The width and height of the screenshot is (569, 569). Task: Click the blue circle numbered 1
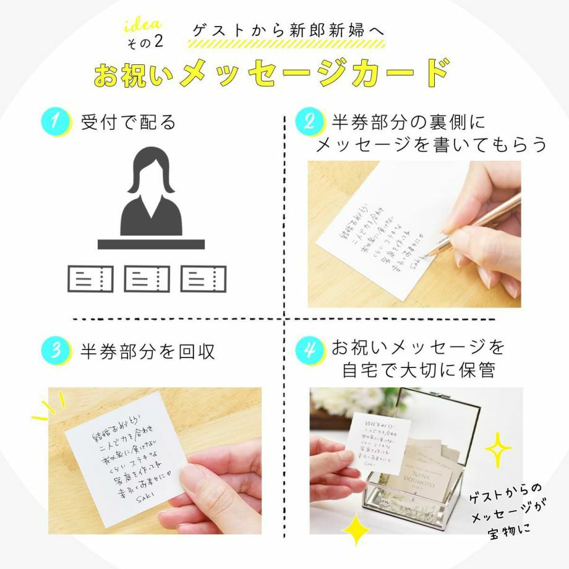[x=54, y=121]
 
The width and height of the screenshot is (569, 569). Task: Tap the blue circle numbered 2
[x=308, y=121]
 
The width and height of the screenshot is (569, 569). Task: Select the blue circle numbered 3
[x=54, y=351]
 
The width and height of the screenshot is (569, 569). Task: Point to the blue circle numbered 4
[x=308, y=351]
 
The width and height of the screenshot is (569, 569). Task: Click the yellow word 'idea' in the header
[x=143, y=25]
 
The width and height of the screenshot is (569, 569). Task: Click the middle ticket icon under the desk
[x=147, y=278]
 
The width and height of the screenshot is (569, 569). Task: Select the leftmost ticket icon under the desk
[x=90, y=278]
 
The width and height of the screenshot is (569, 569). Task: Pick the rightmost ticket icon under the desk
[x=203, y=278]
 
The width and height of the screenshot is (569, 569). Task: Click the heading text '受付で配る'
[x=129, y=122]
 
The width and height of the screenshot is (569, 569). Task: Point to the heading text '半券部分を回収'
[x=148, y=351]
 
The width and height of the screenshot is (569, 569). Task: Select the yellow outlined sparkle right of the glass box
[x=498, y=450]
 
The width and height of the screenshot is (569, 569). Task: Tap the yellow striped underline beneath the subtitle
[x=286, y=44]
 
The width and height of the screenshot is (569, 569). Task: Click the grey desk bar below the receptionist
[x=151, y=244]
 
